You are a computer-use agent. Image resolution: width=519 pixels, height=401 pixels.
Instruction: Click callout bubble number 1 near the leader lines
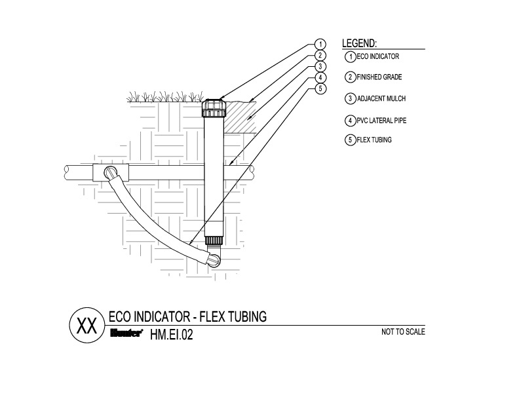click(x=320, y=45)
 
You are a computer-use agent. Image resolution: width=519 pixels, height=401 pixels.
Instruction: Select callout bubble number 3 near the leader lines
click(x=320, y=67)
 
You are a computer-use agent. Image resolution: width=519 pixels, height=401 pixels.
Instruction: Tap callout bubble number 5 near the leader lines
click(x=320, y=88)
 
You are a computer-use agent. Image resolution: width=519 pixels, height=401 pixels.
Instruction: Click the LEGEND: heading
click(x=360, y=43)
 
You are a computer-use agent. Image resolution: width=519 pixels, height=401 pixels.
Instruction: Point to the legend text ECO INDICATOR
click(x=378, y=57)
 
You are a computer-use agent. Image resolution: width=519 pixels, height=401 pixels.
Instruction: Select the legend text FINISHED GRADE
click(x=380, y=77)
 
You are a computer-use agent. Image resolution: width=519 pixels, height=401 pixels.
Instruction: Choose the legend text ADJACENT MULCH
click(x=381, y=99)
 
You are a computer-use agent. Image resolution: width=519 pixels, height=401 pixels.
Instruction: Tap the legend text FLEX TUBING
click(x=374, y=140)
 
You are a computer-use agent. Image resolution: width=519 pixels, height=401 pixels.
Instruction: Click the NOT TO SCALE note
click(x=403, y=332)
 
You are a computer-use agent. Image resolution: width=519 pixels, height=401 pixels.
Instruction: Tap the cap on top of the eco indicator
click(x=214, y=106)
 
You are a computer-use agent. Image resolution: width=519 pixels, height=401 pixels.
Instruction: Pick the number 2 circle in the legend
click(x=351, y=77)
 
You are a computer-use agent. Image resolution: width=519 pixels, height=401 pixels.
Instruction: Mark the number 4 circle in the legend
click(x=351, y=121)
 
